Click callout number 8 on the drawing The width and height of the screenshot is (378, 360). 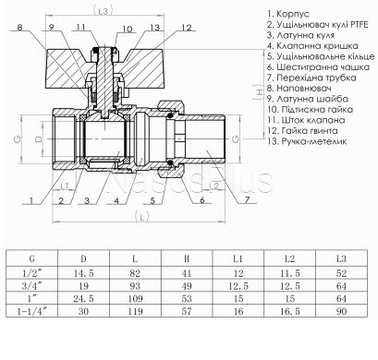(22, 29)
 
